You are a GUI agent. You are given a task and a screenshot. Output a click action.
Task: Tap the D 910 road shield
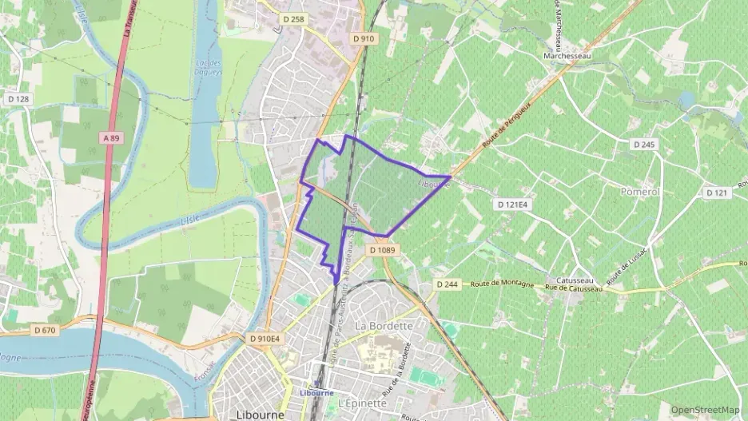364,38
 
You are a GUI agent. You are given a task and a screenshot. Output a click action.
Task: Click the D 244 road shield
447,284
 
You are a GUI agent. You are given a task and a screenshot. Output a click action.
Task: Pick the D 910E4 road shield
265,338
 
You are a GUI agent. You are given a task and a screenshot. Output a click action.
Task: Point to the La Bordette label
383,326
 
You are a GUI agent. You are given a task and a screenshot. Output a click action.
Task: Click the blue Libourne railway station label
316,392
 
